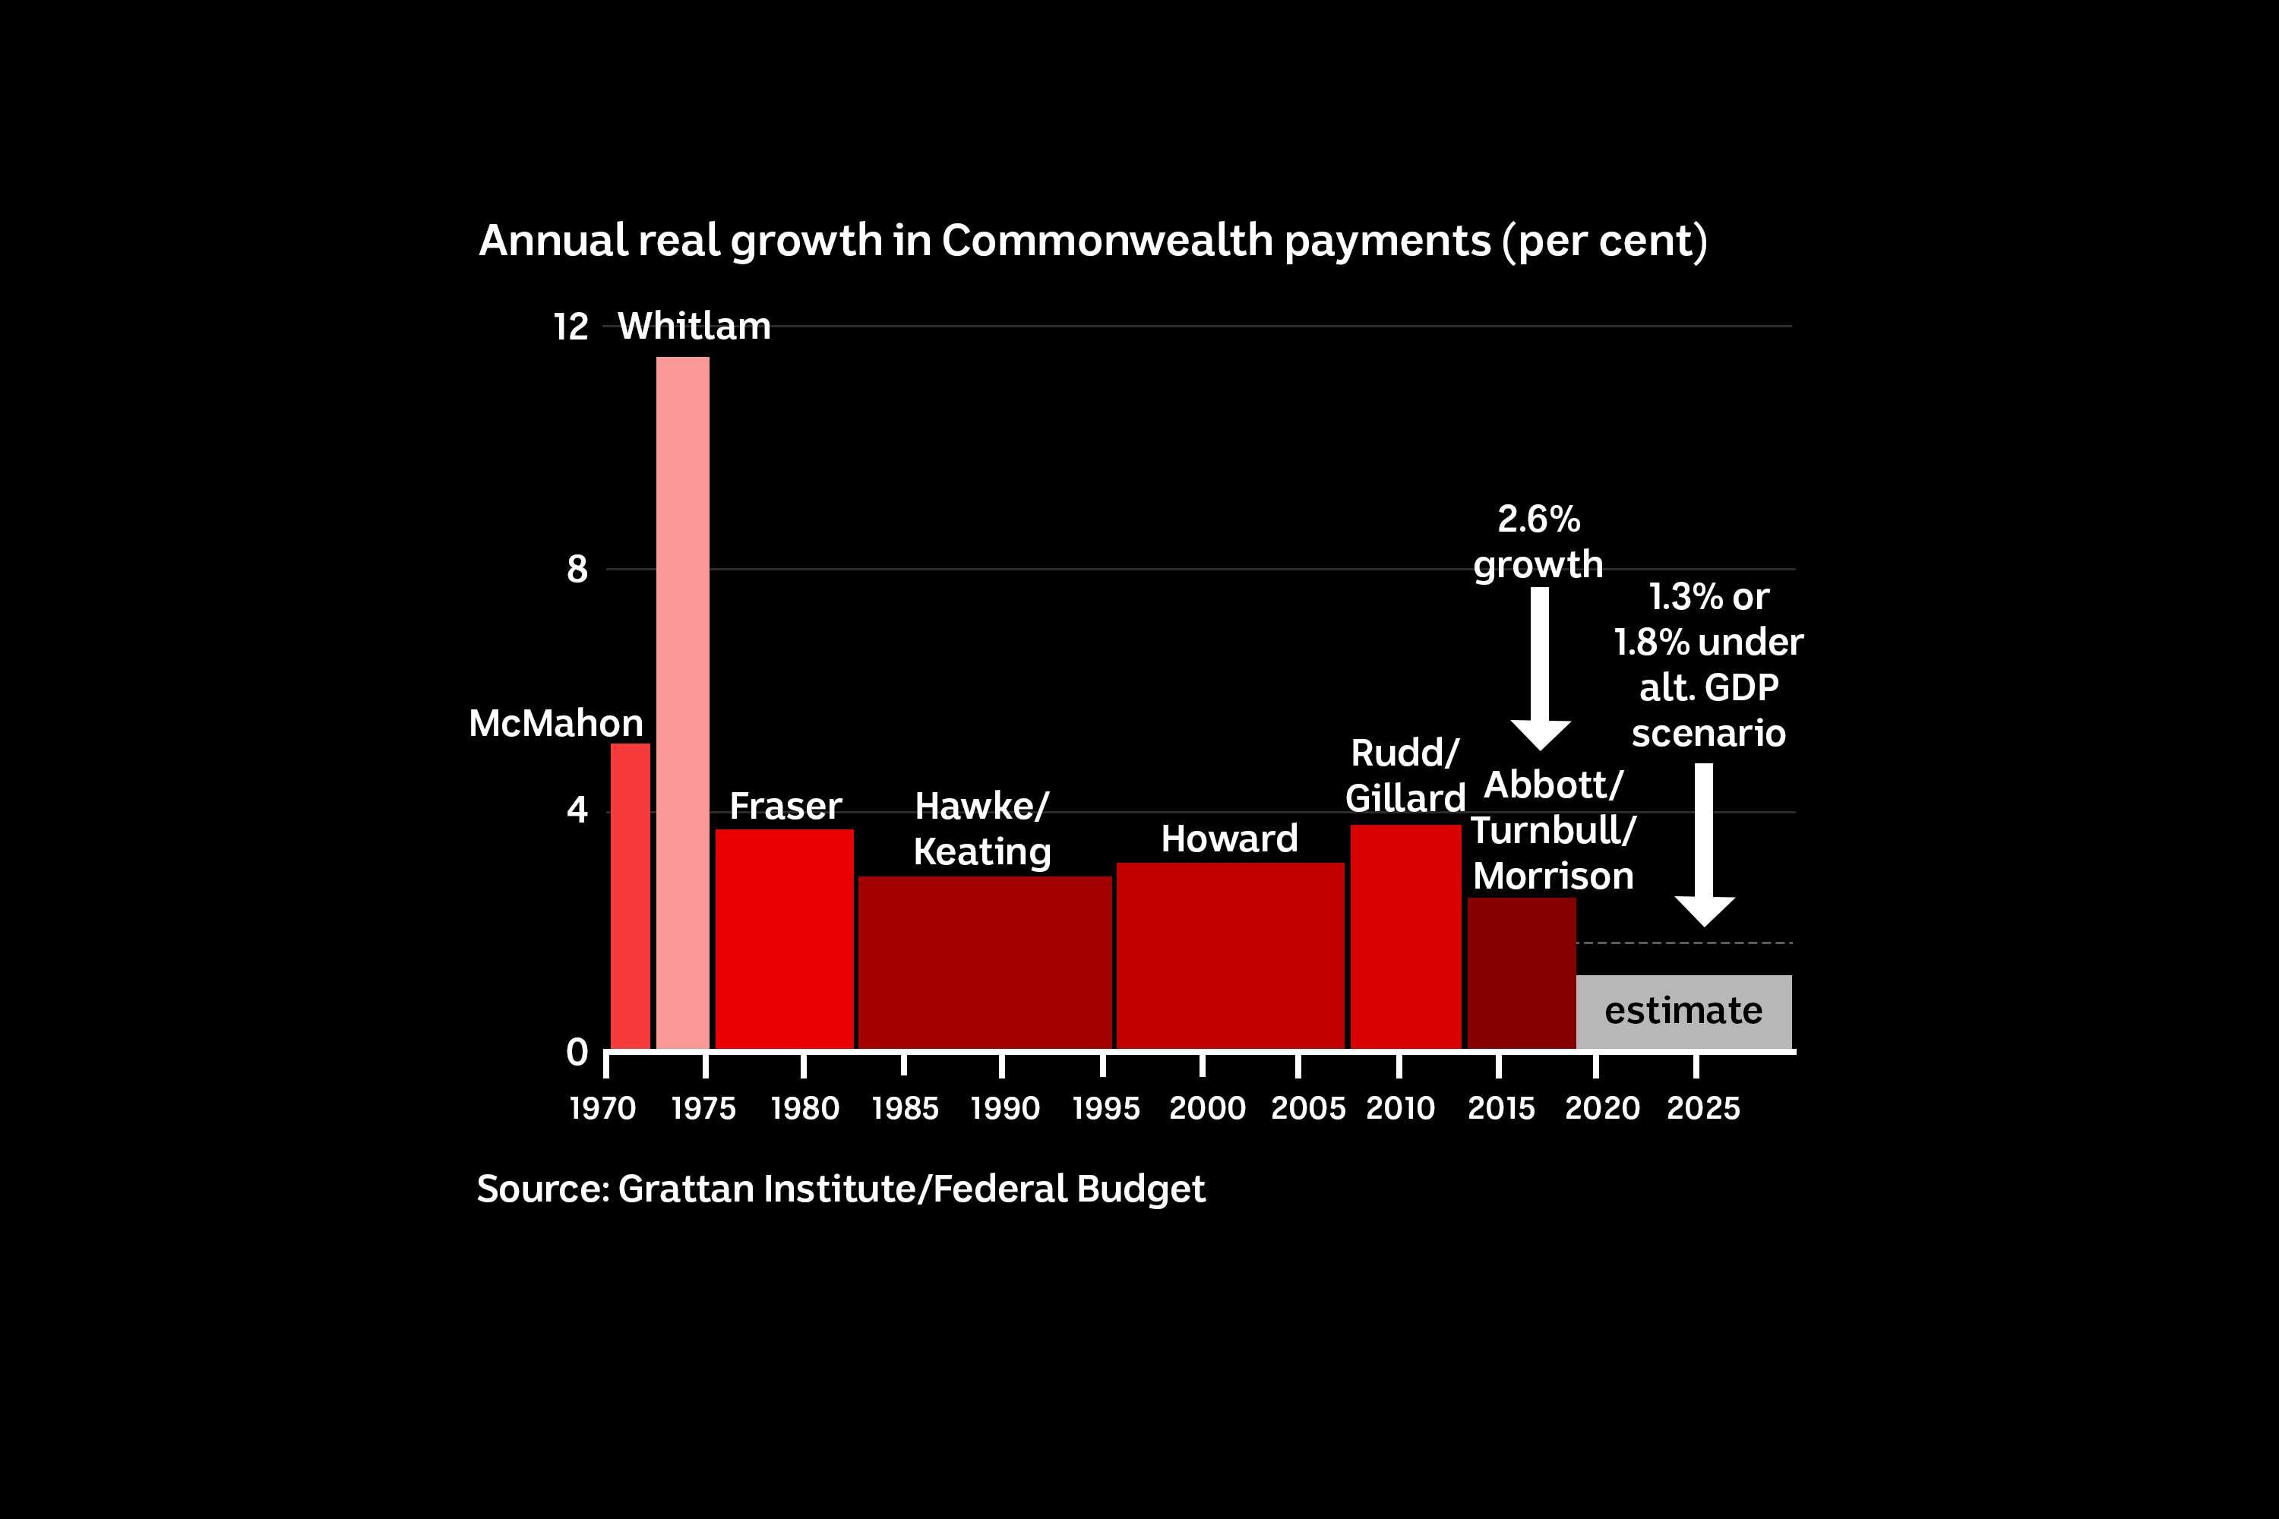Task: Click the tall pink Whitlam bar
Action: pyautogui.click(x=682, y=703)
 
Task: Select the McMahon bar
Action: pyautogui.click(x=630, y=896)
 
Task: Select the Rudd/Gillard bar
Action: pyautogui.click(x=1405, y=936)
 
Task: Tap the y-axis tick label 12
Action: pyautogui.click(x=571, y=327)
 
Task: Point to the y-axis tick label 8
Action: pyautogui.click(x=577, y=570)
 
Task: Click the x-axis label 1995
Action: pyautogui.click(x=1105, y=1108)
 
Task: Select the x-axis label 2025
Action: pyautogui.click(x=1702, y=1108)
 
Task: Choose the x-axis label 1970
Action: pyautogui.click(x=602, y=1108)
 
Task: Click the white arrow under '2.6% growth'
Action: pyautogui.click(x=1540, y=668)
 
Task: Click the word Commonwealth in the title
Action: pyautogui.click(x=1107, y=240)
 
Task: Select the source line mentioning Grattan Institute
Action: pyautogui.click(x=840, y=1189)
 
